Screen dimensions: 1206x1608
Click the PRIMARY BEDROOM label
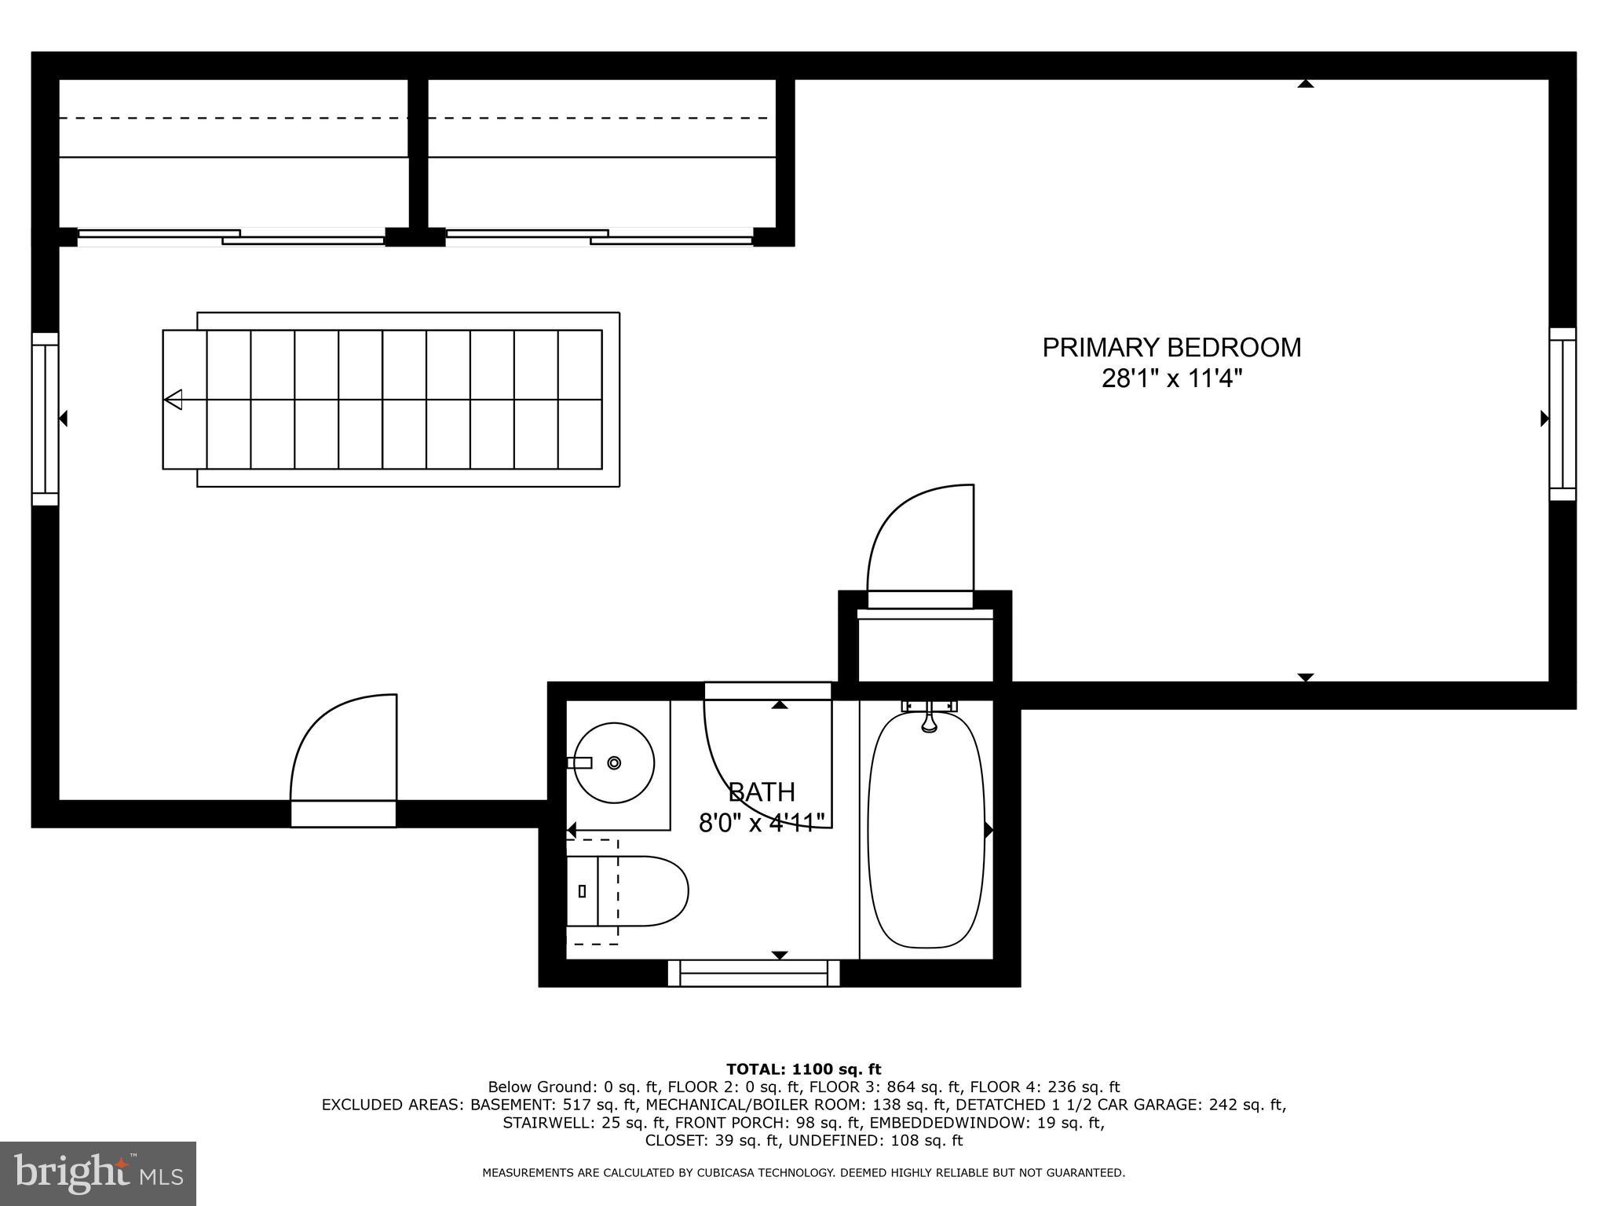tap(1171, 347)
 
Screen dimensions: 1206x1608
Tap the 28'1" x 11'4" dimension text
tap(1171, 380)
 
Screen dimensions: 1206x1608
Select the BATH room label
tap(761, 791)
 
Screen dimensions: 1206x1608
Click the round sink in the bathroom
tap(614, 762)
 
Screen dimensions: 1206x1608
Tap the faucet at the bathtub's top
tap(929, 716)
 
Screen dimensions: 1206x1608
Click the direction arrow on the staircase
tap(174, 400)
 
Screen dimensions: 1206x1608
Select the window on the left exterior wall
tap(45, 418)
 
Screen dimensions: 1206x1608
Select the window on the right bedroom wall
tap(1562, 414)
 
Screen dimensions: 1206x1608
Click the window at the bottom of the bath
tap(754, 973)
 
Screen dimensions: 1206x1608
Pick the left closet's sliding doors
tap(231, 236)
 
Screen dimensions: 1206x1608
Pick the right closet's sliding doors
tap(599, 236)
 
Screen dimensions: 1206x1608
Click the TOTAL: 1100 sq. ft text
tap(803, 1069)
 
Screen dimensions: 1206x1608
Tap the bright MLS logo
tap(98, 1173)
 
